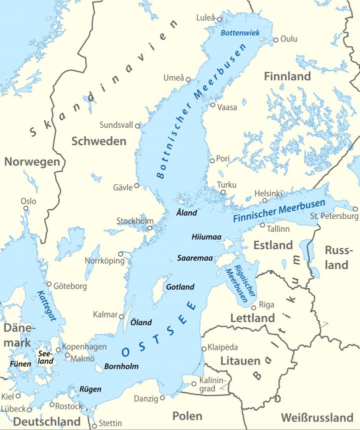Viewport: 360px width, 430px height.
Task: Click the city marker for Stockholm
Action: (149, 228)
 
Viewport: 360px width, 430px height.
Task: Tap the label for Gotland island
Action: (180, 287)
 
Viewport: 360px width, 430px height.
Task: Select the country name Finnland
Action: (287, 76)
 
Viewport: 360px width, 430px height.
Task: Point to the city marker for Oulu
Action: (275, 40)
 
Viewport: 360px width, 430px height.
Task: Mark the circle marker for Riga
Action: (253, 308)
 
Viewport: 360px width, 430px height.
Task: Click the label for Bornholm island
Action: (121, 367)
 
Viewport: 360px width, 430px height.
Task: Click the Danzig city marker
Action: (162, 398)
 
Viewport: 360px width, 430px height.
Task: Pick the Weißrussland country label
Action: (317, 417)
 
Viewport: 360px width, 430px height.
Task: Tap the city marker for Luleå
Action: (219, 19)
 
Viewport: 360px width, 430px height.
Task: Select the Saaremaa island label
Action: (195, 258)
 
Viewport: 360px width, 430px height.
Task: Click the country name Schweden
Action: (99, 141)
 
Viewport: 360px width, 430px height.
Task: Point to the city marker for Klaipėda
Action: (203, 349)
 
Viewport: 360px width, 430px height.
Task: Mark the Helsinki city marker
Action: (265, 201)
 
